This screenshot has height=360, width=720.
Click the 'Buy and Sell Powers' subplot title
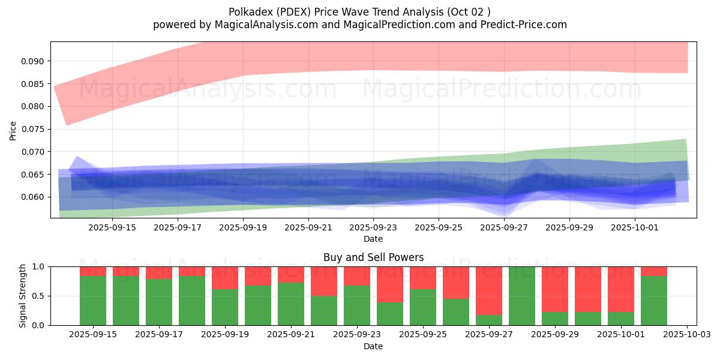(x=373, y=257)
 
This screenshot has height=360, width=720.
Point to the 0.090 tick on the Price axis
(x=34, y=61)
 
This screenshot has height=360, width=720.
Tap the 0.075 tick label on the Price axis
(x=34, y=129)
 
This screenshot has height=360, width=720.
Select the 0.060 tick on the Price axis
(x=34, y=197)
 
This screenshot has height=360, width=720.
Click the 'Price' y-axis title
(x=13, y=130)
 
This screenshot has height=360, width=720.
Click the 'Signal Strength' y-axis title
(x=22, y=296)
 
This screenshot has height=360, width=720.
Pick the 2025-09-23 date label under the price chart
(x=373, y=227)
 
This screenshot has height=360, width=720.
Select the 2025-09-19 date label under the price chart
(x=243, y=227)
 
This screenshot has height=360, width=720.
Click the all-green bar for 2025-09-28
(x=522, y=296)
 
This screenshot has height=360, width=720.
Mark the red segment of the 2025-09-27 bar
(x=489, y=290)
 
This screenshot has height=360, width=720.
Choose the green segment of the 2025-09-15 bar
(x=93, y=300)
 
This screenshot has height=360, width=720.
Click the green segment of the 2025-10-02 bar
(x=654, y=300)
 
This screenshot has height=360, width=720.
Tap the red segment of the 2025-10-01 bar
(x=621, y=289)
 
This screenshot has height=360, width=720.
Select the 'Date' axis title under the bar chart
(x=373, y=346)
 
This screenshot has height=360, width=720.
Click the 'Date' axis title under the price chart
(x=373, y=239)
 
